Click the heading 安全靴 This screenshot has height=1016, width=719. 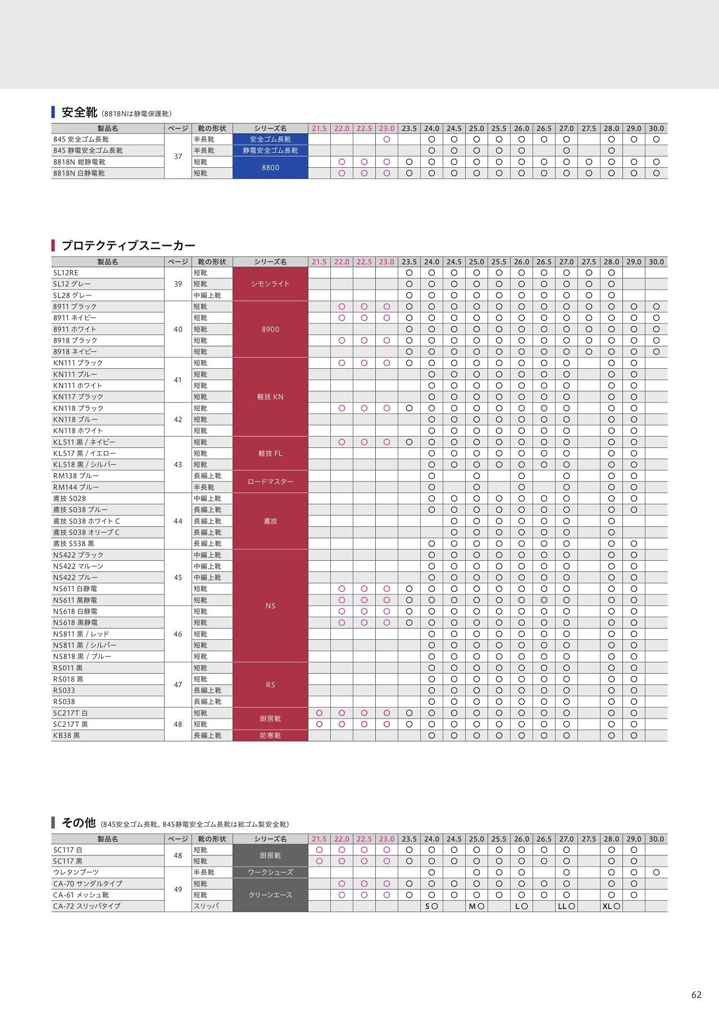point(79,112)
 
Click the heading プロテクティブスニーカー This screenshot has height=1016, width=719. point(128,245)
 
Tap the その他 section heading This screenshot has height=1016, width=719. point(79,823)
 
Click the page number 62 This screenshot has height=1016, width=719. point(696,995)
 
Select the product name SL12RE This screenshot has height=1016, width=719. point(66,273)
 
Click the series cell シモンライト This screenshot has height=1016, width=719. point(270,284)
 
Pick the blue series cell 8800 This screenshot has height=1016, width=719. point(270,167)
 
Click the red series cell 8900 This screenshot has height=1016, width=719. point(270,329)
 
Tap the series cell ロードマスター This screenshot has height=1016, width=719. point(270,482)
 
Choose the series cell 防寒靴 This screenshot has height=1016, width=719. point(270,735)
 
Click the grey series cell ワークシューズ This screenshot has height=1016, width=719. point(270,872)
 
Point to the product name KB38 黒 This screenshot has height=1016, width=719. point(66,735)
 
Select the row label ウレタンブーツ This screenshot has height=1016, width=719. point(76,872)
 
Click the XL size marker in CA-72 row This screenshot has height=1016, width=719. point(607,906)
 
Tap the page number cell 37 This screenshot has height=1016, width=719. point(178,157)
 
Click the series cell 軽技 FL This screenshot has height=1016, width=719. point(270,454)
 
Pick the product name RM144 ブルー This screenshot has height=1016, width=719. point(76,487)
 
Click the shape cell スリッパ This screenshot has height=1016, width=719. point(206,906)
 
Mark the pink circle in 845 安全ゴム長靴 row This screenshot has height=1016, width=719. point(386,139)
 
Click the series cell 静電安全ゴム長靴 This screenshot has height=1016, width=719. point(270,150)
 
